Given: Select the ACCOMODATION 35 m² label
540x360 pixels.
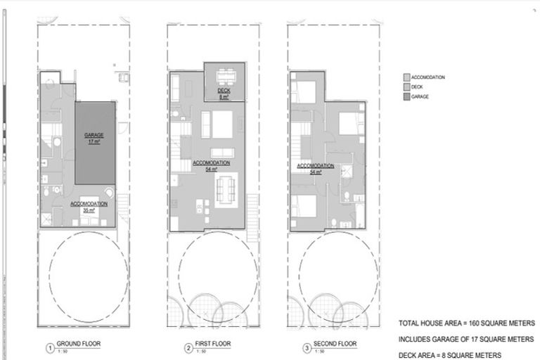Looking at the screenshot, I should pyautogui.click(x=89, y=206).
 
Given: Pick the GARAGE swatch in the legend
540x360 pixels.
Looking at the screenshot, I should pyautogui.click(x=406, y=96).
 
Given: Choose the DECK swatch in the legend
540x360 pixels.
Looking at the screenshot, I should pyautogui.click(x=406, y=86).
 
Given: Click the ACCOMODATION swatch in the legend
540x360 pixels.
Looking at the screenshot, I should pyautogui.click(x=406, y=77).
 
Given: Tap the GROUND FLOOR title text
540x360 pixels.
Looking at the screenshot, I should pyautogui.click(x=75, y=345).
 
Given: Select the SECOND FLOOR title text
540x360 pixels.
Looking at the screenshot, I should pyautogui.click(x=335, y=345).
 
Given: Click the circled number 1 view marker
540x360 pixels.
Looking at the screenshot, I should pyautogui.click(x=50, y=347).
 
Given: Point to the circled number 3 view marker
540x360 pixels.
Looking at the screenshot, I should pyautogui.click(x=307, y=347).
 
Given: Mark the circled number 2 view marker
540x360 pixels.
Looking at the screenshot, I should pyautogui.click(x=188, y=347).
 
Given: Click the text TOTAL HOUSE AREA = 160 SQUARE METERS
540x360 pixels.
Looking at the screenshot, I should pyautogui.click(x=466, y=323).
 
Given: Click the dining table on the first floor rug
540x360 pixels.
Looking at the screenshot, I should pyautogui.click(x=226, y=189).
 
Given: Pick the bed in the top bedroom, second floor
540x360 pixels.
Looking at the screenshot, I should pyautogui.click(x=307, y=91).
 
